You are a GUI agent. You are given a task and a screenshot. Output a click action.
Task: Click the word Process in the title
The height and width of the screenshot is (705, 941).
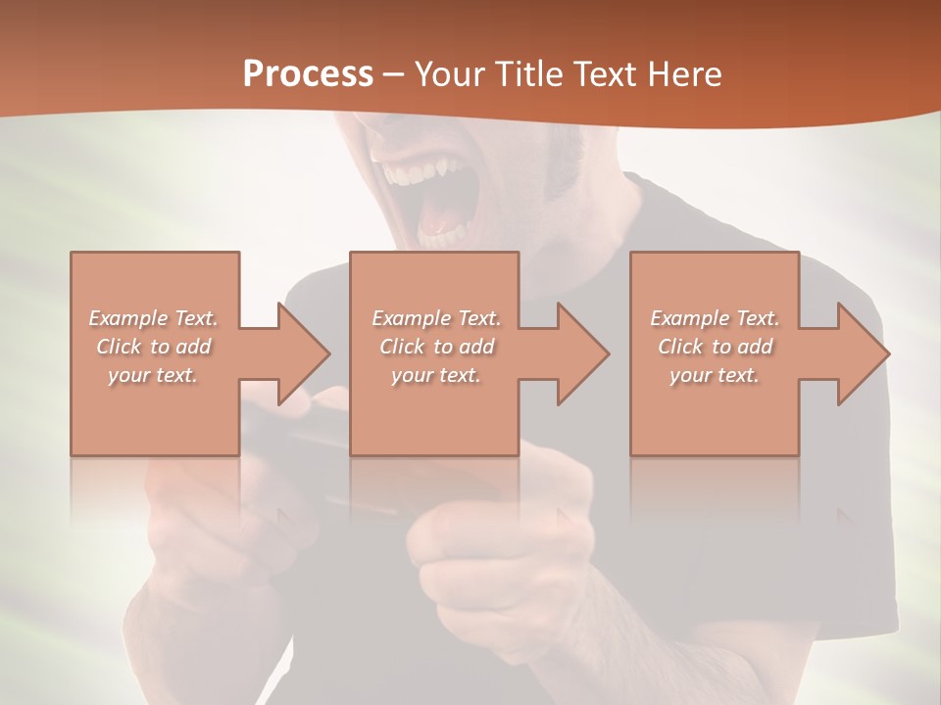pyautogui.click(x=308, y=73)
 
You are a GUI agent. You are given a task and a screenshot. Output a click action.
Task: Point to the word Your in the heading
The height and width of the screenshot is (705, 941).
pyautogui.click(x=449, y=73)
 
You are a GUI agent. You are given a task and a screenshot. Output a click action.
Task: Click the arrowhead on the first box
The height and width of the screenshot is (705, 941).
pyautogui.click(x=294, y=353)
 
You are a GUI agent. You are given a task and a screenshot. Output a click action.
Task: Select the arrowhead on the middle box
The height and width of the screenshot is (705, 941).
pyautogui.click(x=574, y=353)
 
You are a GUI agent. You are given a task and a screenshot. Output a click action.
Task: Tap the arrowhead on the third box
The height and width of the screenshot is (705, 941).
pyautogui.click(x=855, y=353)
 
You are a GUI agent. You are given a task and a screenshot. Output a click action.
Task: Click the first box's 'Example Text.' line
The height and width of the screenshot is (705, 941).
pyautogui.click(x=154, y=318)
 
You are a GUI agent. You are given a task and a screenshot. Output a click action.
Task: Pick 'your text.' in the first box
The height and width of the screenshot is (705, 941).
pyautogui.click(x=154, y=375)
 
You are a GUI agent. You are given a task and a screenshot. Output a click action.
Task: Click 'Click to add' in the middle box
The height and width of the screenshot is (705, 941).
pyautogui.click(x=436, y=347)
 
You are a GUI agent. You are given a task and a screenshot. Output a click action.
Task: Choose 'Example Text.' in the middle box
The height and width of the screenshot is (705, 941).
pyautogui.click(x=436, y=318)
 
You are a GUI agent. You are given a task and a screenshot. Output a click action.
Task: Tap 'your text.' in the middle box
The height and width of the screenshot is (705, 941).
pyautogui.click(x=436, y=375)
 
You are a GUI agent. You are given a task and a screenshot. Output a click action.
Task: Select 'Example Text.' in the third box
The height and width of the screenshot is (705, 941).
pyautogui.click(x=715, y=318)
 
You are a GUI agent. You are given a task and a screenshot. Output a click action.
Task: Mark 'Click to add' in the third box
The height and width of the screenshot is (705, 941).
pyautogui.click(x=715, y=347)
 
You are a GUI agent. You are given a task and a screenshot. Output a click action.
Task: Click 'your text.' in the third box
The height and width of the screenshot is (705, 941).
pyautogui.click(x=715, y=375)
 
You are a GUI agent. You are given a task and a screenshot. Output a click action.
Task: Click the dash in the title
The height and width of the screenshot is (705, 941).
pyautogui.click(x=393, y=74)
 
